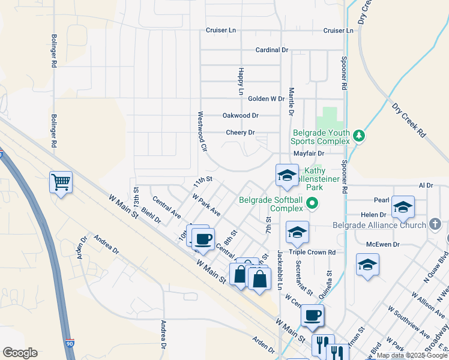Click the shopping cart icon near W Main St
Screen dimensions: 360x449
61,181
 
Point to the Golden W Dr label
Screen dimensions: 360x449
266,98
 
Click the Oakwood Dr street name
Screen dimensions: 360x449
240,115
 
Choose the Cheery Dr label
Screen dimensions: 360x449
240,133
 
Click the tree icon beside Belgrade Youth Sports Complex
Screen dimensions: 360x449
359,135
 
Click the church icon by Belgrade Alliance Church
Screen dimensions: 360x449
436,226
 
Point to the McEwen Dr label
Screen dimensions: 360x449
383,244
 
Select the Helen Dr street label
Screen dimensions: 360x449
374,214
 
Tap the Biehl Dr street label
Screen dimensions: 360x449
151,215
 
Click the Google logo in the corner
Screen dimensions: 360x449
20,353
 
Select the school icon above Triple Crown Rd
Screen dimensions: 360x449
297,232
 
